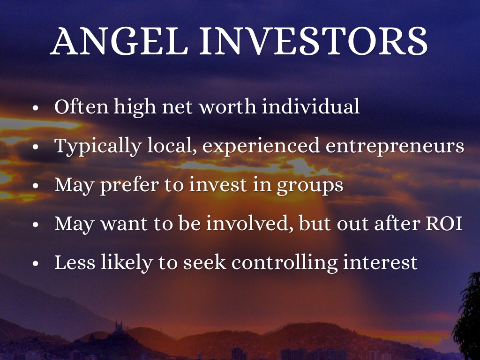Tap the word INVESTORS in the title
[x=313, y=41]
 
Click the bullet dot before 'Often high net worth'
[x=36, y=108]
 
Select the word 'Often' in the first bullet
[x=82, y=106]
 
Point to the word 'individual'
[x=310, y=106]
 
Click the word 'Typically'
[x=98, y=146]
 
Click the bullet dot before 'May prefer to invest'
[x=36, y=186]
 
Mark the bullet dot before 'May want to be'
[x=36, y=225]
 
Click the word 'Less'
[x=75, y=262]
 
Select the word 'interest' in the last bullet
[x=380, y=262]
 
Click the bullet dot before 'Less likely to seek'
[x=36, y=263]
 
